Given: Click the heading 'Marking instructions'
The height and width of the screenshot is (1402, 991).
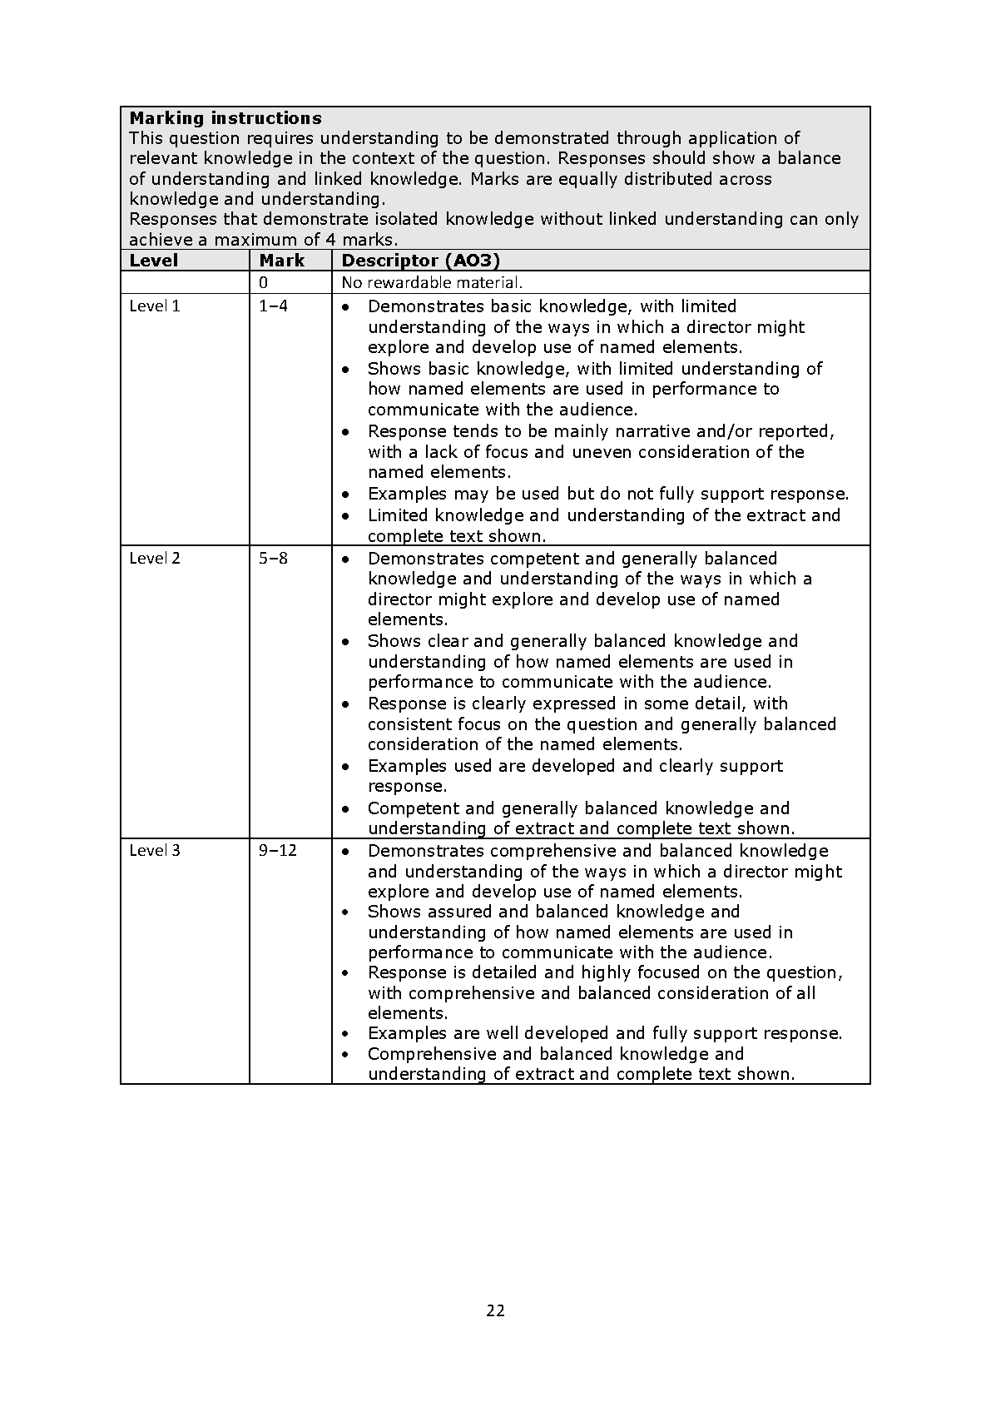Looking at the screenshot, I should (x=225, y=118).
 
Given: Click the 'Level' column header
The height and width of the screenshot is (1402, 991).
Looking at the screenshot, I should (x=154, y=261).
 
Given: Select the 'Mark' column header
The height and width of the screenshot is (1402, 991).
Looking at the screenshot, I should (x=282, y=261).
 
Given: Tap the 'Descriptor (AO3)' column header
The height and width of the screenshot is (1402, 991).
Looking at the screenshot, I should (x=420, y=261).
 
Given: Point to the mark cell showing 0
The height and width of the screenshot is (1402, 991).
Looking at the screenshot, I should (x=264, y=283).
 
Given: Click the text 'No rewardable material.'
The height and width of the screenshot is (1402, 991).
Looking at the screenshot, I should (x=432, y=283).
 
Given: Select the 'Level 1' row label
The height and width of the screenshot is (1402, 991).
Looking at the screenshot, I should (x=155, y=306).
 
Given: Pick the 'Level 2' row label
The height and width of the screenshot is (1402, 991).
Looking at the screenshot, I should (x=155, y=559).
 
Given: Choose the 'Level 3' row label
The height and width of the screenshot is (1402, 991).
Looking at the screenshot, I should (x=155, y=851).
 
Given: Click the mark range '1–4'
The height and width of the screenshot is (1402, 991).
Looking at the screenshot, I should (x=273, y=306).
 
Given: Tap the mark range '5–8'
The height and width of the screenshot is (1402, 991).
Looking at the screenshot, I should (x=273, y=559).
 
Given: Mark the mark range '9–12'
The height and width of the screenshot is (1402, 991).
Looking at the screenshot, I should (x=278, y=851).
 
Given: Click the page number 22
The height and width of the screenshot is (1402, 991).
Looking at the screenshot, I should (x=495, y=1311).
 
